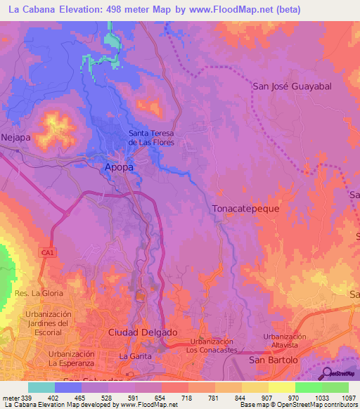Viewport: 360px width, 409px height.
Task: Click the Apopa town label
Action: coord(119,167)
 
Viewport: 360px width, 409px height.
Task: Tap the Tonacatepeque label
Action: coord(246,209)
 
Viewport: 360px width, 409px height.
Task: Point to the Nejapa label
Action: coord(15,137)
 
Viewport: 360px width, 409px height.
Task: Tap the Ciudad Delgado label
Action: coord(143,332)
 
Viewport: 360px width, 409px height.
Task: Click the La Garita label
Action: coord(133,356)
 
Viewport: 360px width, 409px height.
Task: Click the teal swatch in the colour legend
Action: coord(41,387)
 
